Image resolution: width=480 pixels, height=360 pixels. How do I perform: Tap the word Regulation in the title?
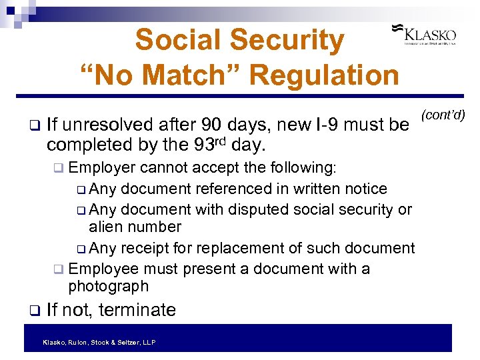(x=326, y=75)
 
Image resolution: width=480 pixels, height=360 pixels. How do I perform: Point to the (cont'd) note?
(x=443, y=114)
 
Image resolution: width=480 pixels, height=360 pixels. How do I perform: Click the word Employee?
(x=104, y=269)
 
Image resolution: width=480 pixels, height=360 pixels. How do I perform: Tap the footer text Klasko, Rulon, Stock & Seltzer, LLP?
(x=99, y=342)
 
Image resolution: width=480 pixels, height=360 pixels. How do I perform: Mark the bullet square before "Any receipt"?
(x=81, y=249)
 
